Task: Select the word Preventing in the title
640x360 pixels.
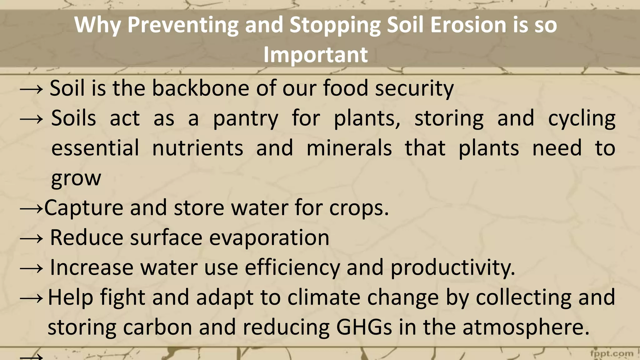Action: [183, 25]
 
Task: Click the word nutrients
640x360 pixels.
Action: [197, 148]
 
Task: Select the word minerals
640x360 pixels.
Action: [349, 148]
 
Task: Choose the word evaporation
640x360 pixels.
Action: [269, 238]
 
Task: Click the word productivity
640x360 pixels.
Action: [452, 268]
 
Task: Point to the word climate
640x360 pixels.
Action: [324, 297]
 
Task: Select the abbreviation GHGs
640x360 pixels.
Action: [364, 327]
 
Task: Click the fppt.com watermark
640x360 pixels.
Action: [612, 354]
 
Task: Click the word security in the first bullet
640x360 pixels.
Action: [414, 89]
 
